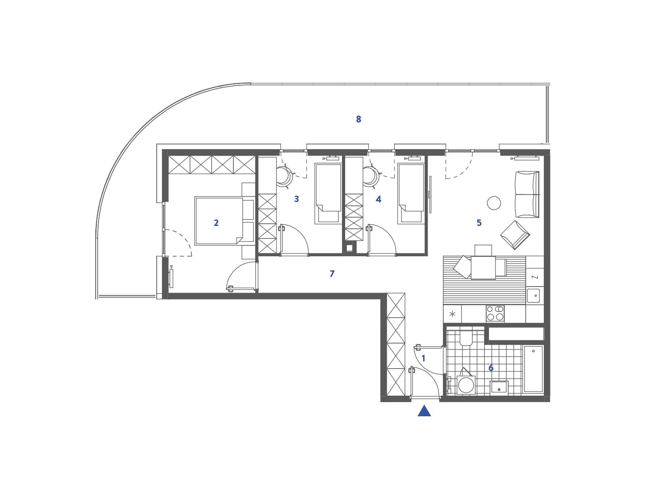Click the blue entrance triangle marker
click(424, 411)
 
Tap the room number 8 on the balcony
click(359, 119)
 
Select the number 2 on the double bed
click(216, 223)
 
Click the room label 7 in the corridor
click(332, 274)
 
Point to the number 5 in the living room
click(479, 223)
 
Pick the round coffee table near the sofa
click(494, 203)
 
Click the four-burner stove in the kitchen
click(495, 313)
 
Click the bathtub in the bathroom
click(533, 369)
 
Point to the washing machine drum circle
click(466, 385)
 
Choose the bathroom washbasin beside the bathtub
click(499, 387)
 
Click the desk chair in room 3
click(284, 177)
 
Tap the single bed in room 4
click(411, 194)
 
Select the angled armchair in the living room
click(515, 235)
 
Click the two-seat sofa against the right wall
click(527, 194)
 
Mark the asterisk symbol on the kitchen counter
click(452, 314)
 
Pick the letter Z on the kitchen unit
click(535, 277)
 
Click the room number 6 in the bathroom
click(491, 368)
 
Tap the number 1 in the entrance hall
click(424, 358)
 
